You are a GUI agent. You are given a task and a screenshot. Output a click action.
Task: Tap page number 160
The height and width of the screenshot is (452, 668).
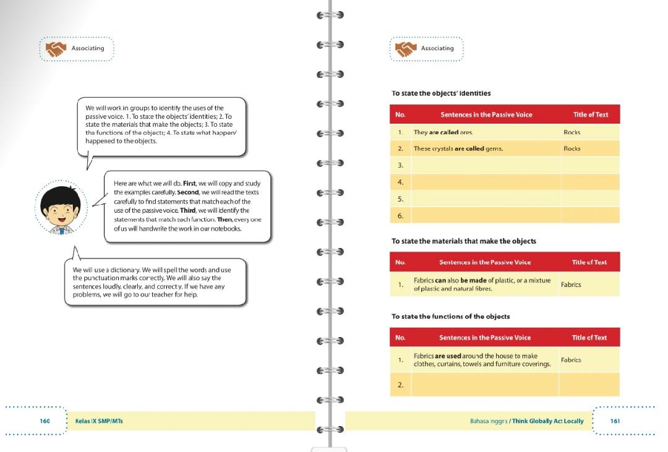[x=45, y=421]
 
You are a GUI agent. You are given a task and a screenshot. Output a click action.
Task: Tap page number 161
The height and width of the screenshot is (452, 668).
[x=615, y=421]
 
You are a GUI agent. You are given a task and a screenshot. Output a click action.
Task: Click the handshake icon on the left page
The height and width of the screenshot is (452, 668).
[x=56, y=48]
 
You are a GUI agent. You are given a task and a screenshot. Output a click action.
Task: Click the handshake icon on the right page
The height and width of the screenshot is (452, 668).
[x=406, y=48]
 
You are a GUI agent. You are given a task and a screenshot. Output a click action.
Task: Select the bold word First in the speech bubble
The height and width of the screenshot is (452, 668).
[x=190, y=184]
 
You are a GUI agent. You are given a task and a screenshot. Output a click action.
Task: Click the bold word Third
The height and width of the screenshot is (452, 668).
[x=188, y=210]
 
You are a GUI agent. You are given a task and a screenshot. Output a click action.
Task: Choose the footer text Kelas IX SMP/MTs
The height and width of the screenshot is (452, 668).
[x=99, y=421]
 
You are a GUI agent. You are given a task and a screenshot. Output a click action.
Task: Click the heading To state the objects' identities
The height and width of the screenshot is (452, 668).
[x=441, y=93]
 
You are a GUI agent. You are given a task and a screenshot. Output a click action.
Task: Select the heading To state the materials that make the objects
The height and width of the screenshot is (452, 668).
[x=464, y=241]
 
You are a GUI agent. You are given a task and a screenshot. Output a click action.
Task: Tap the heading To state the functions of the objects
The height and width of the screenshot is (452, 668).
[x=451, y=317]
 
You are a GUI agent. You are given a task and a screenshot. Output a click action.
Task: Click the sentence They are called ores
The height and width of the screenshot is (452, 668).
[x=443, y=132]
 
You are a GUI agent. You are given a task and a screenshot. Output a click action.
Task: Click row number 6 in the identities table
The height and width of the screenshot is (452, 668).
[x=400, y=215]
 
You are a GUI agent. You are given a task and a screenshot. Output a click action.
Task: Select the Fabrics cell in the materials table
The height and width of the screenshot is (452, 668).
[x=571, y=285]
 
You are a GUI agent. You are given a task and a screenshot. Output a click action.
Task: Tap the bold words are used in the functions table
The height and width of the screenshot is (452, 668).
[x=448, y=356]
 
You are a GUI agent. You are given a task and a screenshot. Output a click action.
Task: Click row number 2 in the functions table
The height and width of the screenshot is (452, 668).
[x=400, y=385]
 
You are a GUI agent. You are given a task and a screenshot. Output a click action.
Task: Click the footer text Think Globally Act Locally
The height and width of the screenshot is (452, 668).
[x=549, y=421]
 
